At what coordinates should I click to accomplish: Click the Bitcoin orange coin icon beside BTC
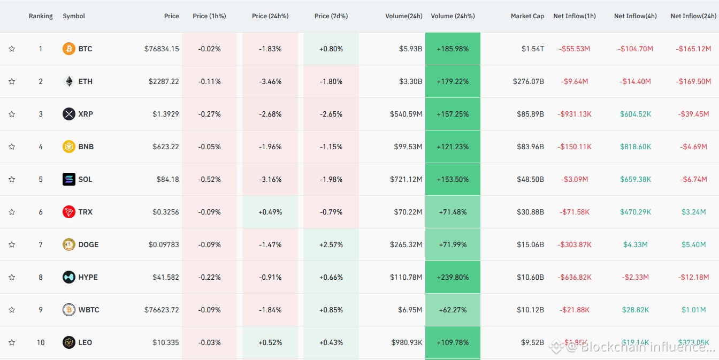pos(68,49)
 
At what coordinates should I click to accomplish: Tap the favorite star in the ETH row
pos(12,81)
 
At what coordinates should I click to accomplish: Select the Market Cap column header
pos(527,16)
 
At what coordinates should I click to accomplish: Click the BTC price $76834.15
pos(162,49)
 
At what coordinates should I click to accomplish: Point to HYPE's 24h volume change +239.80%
pos(453,277)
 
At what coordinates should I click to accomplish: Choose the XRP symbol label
pos(86,114)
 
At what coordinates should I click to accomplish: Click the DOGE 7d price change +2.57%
pos(331,244)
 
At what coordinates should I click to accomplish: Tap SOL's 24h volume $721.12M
pos(406,179)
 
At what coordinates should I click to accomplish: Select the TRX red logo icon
pos(68,212)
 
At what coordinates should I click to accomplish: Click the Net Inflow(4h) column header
pos(635,16)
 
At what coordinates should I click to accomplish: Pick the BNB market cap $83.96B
pos(530,147)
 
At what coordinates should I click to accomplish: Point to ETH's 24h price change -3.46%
pos(270,81)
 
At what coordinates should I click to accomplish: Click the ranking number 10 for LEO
pos(41,342)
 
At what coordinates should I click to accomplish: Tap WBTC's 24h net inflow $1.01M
pos(694,310)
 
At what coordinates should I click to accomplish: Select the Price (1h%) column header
pos(209,16)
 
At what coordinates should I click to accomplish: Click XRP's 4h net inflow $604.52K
pos(636,114)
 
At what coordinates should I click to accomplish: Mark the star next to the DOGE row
pos(12,244)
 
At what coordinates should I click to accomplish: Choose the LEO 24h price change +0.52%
pos(270,343)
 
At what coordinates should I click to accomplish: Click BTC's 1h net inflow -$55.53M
pos(574,49)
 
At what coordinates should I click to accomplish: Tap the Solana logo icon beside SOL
pos(68,179)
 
